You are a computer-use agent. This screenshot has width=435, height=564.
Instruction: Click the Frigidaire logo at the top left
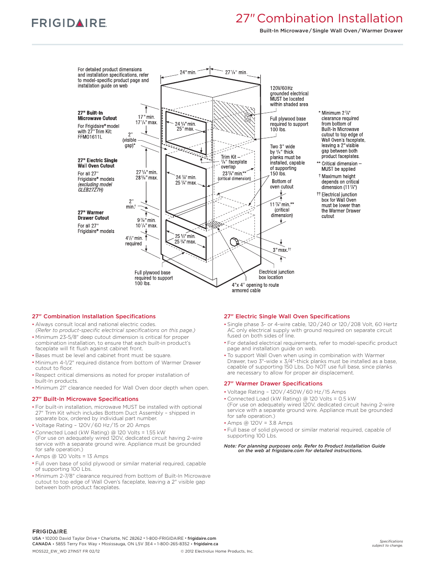tap(69, 23)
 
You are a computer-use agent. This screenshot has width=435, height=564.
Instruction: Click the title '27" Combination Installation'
tap(319, 19)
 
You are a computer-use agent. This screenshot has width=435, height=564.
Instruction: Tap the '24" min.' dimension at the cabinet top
tap(188, 72)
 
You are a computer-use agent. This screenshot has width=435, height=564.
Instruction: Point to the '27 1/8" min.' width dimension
tap(236, 72)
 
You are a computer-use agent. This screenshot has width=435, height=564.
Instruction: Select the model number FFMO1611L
tap(90, 137)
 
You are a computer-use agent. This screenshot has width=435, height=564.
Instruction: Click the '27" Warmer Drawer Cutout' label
tap(93, 215)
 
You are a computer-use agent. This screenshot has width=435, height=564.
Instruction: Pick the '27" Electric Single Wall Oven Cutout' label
tap(97, 163)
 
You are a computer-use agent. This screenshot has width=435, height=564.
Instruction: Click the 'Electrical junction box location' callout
tap(276, 274)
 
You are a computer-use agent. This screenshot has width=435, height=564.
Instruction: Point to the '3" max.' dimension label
tap(281, 250)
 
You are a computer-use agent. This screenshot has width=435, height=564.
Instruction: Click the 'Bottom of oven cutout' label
tap(281, 184)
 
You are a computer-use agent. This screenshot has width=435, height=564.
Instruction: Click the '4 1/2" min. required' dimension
tap(134, 241)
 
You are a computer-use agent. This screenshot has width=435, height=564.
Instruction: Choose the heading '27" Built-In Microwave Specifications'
tap(85, 399)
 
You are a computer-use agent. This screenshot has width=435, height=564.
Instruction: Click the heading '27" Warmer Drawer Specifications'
tap(273, 384)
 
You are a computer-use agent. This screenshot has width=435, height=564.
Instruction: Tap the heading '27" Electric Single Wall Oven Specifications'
tap(286, 316)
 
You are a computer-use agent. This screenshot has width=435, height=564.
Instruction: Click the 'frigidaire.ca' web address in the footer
tap(206, 544)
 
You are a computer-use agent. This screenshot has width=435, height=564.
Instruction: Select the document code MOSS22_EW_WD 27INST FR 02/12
tap(66, 551)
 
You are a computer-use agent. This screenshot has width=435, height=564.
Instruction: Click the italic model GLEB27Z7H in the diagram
tap(90, 190)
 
